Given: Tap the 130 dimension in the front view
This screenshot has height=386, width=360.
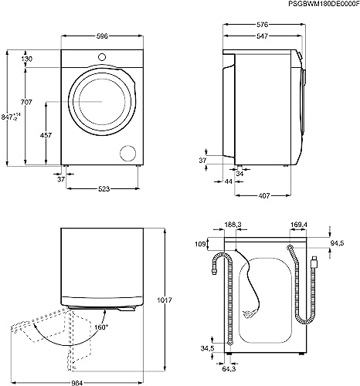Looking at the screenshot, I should (x=27, y=59).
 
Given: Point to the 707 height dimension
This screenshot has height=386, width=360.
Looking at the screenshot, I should (x=27, y=102).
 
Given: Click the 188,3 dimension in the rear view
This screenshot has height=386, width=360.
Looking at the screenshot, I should (x=233, y=225).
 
